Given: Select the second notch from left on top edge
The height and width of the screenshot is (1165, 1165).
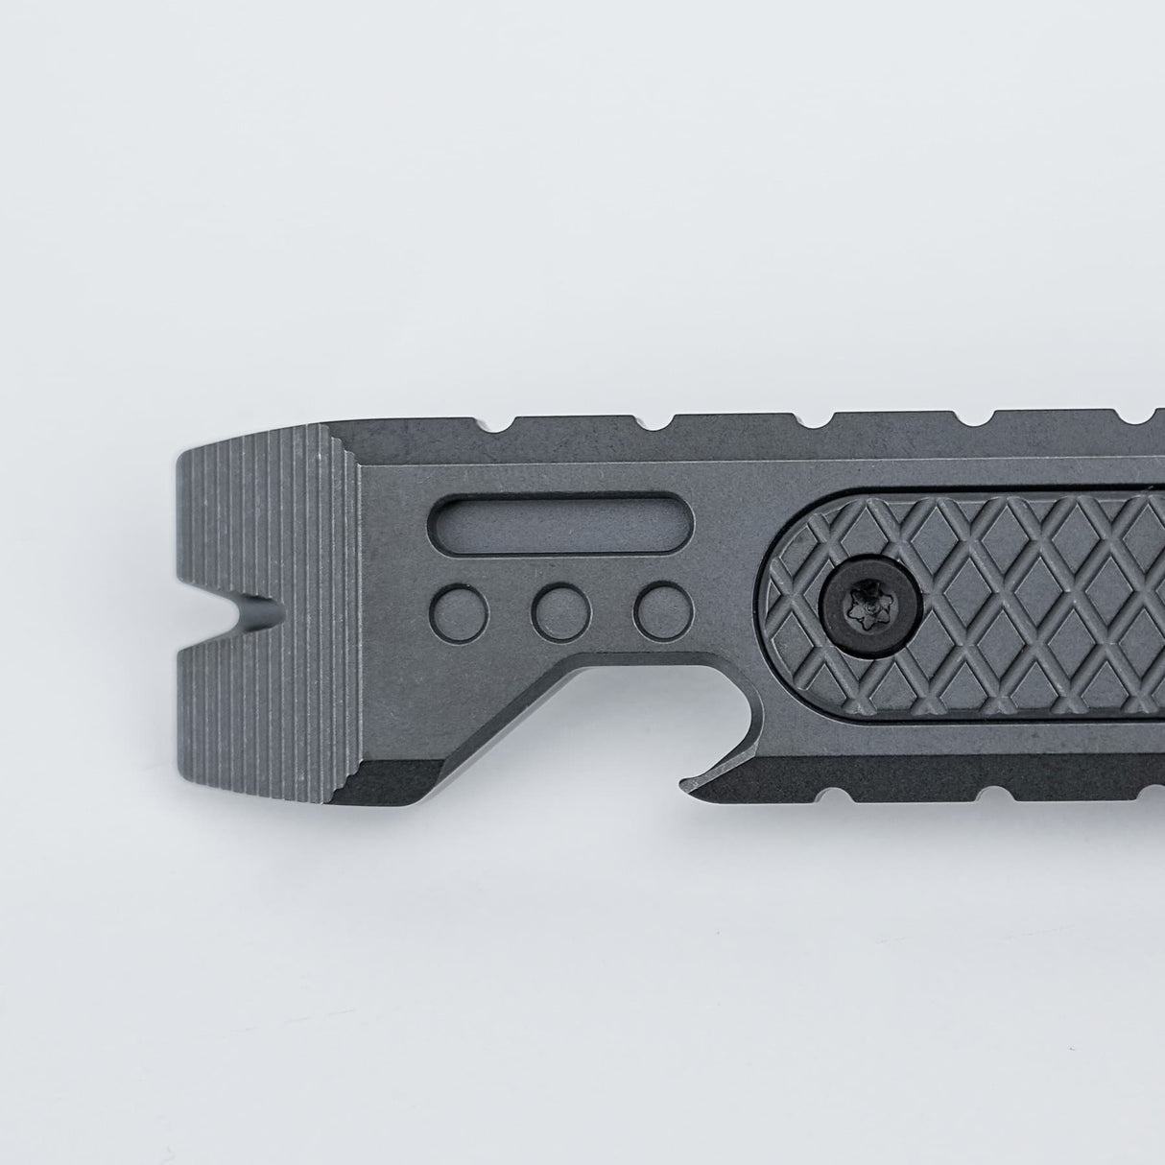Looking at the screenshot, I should (662, 421).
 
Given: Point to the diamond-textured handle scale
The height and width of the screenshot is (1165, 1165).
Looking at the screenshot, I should (1017, 624).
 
